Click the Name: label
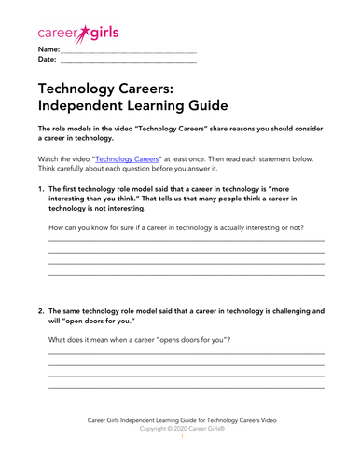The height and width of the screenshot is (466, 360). coord(48,48)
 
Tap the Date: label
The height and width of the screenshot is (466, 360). coord(48,60)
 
